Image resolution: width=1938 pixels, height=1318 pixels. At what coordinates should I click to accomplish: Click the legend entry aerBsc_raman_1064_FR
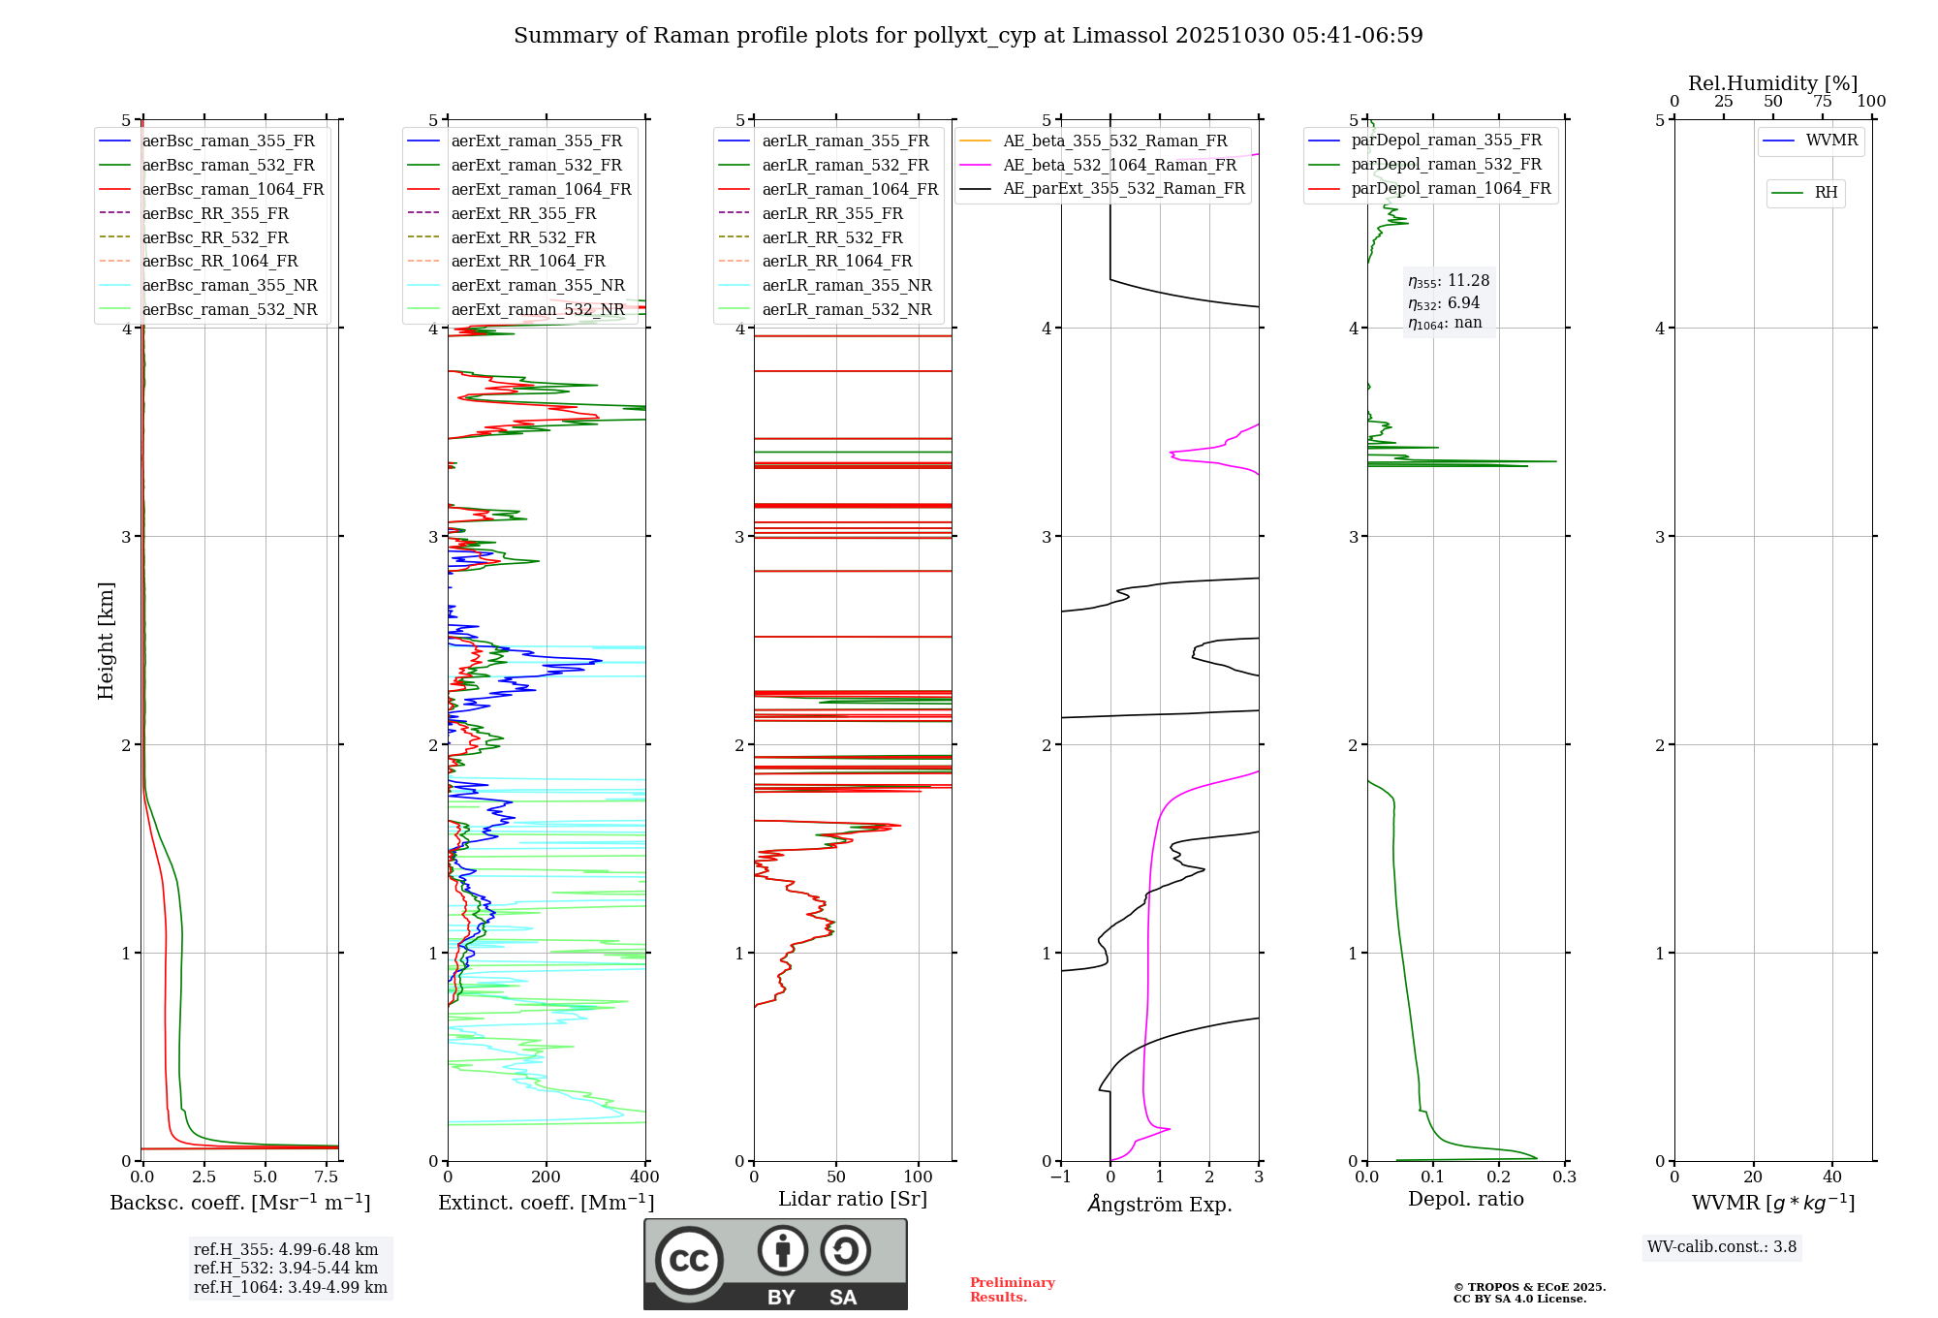(x=233, y=190)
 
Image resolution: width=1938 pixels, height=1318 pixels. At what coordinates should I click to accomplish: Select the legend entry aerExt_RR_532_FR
(x=523, y=237)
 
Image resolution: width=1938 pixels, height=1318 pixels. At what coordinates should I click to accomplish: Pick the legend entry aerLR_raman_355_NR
(x=846, y=286)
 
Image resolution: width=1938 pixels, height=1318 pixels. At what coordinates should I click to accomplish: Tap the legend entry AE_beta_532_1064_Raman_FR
(x=1119, y=166)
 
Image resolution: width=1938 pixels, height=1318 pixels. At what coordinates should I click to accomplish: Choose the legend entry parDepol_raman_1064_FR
(x=1451, y=189)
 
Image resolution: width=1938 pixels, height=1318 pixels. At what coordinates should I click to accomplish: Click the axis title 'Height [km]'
(x=107, y=641)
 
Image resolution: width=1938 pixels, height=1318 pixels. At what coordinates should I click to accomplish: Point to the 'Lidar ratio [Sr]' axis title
(x=853, y=1200)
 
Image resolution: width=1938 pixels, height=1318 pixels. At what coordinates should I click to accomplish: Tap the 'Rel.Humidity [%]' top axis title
(x=1772, y=83)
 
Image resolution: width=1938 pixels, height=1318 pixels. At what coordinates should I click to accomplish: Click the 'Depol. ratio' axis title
(x=1465, y=1200)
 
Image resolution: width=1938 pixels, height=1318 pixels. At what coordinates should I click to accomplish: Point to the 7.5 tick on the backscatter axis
(x=327, y=1177)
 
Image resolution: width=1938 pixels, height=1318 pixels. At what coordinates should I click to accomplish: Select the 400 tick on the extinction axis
(x=645, y=1177)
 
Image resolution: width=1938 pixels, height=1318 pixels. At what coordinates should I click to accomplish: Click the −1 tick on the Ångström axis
(x=1060, y=1177)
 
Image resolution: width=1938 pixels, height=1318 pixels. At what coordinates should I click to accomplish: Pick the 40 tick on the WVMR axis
(x=1832, y=1177)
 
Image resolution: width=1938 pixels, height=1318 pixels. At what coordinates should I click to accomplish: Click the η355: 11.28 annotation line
(x=1449, y=281)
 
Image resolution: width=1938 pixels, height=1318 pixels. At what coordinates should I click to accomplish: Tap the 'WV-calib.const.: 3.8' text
(x=1722, y=1247)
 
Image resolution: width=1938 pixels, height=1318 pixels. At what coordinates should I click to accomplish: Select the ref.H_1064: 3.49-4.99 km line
(x=290, y=1288)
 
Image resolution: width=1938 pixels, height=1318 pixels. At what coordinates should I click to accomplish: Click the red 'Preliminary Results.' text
(x=1012, y=1290)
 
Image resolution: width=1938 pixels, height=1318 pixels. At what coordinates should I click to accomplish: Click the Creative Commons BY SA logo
(x=775, y=1265)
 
